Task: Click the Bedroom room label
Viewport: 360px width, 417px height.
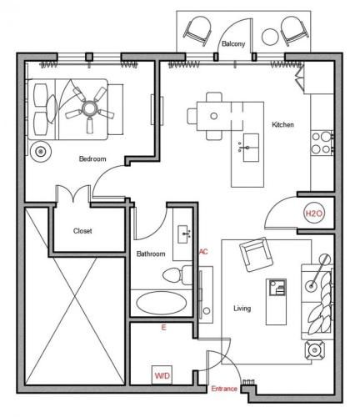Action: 92,158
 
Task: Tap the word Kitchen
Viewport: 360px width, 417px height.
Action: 282,124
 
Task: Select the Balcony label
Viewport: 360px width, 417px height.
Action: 233,44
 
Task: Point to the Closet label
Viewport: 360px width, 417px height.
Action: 82,231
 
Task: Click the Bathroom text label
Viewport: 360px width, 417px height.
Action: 151,254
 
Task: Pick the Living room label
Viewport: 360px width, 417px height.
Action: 242,309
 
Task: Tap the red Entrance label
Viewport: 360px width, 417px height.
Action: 224,389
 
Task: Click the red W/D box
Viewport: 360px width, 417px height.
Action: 162,375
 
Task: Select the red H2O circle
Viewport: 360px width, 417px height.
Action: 314,214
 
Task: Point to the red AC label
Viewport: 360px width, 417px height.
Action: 203,252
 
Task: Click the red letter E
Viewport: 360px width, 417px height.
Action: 163,328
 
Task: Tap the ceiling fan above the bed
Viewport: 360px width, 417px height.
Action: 89,109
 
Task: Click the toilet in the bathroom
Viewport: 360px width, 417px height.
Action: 177,275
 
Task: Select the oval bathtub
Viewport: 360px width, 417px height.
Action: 162,303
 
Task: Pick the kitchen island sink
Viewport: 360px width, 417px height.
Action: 251,148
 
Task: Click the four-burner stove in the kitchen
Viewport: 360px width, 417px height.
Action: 322,143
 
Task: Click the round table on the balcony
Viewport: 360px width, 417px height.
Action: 270,37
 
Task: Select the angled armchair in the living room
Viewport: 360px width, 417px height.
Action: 255,254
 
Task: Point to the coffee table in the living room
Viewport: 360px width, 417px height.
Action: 276,302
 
